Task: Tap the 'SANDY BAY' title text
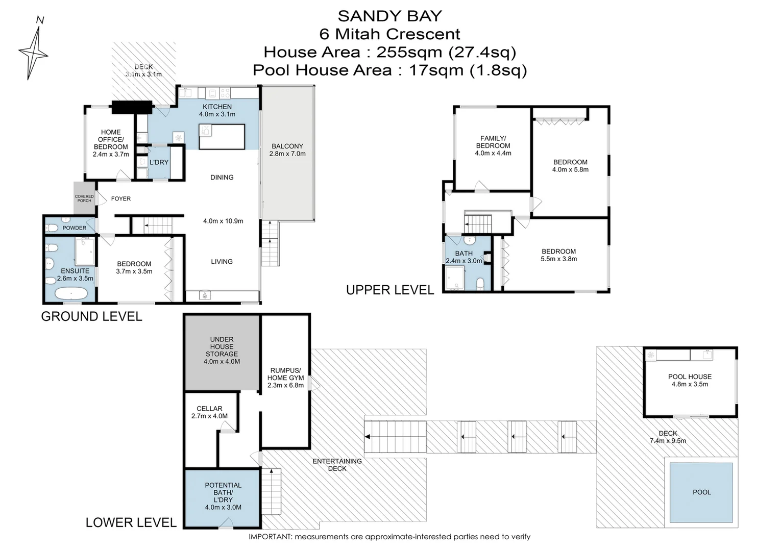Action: (389, 16)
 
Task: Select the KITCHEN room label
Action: (217, 107)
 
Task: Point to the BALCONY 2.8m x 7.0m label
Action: (287, 150)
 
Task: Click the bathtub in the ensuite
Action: (70, 294)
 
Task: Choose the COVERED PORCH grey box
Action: (84, 198)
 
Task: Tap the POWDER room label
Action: (75, 228)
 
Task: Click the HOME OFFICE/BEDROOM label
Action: (111, 143)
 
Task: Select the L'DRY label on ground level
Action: (159, 162)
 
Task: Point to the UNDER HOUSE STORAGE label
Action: (222, 350)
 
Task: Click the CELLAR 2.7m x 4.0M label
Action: (209, 412)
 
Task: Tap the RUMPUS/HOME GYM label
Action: (285, 378)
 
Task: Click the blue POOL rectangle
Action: (701, 492)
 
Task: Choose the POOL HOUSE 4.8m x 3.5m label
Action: (690, 381)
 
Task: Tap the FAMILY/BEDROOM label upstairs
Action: (493, 145)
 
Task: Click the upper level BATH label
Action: (464, 254)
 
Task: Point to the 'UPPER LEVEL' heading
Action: (390, 290)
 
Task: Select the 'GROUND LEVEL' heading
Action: (91, 316)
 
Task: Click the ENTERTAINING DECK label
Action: (337, 465)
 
